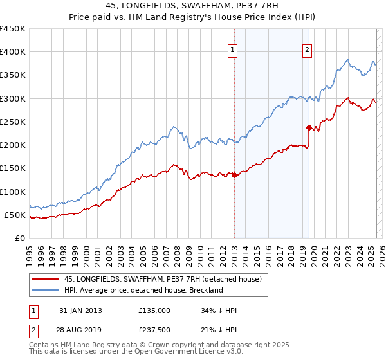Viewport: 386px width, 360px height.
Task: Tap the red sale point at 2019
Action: (x=309, y=127)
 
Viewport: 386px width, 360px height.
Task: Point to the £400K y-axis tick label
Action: (x=13, y=52)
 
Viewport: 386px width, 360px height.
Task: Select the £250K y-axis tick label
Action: (x=13, y=122)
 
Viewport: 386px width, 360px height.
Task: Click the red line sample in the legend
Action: (x=45, y=279)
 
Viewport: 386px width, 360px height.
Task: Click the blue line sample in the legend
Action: (x=45, y=290)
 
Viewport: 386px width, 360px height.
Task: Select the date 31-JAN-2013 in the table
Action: (x=80, y=310)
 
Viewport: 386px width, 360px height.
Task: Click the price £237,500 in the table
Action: (x=154, y=330)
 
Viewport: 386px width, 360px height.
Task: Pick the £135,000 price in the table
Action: (x=154, y=310)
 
